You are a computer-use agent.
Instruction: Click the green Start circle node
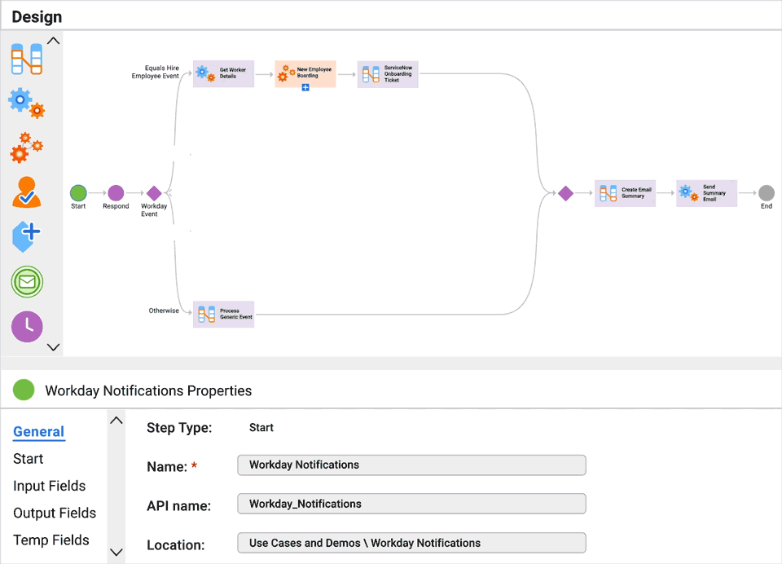[x=78, y=193]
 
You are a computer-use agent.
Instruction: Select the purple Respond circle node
[x=116, y=193]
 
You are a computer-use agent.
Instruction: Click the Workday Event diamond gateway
[x=154, y=193]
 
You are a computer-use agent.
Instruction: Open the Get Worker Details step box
[x=224, y=74]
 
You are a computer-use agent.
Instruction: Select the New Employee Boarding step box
[x=305, y=73]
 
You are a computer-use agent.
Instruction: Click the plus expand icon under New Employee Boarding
[x=305, y=87]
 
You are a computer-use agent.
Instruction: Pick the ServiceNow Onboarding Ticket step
[x=388, y=74]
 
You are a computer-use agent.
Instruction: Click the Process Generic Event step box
[x=224, y=314]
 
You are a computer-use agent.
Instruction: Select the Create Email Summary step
[x=625, y=193]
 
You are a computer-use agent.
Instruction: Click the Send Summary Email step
[x=706, y=193]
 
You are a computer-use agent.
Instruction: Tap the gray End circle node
[x=767, y=193]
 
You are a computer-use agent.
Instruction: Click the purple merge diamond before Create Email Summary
[x=565, y=193]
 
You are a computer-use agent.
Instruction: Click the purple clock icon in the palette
[x=27, y=326]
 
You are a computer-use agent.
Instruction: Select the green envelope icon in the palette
[x=27, y=282]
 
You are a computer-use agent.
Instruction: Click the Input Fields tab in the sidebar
[x=49, y=486]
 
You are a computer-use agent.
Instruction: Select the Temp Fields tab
[x=51, y=540]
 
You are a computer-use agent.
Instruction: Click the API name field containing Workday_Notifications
[x=411, y=504]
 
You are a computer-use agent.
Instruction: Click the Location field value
[x=411, y=543]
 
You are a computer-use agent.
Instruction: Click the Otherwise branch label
[x=164, y=311]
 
